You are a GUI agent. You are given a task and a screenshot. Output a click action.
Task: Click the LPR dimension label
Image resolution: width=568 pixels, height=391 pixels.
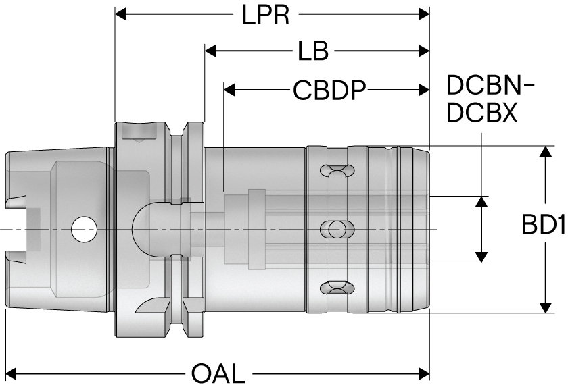click(266, 15)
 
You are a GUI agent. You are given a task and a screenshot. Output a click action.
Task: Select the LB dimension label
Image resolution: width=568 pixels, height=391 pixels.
click(312, 51)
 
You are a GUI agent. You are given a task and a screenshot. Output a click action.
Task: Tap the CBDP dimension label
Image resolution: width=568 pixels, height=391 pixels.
click(329, 89)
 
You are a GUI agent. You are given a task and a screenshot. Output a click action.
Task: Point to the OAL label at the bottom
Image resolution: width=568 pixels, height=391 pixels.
click(218, 373)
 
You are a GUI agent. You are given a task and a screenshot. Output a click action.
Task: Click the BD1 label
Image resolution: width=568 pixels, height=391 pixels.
click(543, 225)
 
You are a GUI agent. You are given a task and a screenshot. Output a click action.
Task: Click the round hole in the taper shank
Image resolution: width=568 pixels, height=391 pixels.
click(84, 229)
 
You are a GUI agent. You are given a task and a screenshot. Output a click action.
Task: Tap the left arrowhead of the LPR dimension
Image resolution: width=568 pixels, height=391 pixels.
click(122, 14)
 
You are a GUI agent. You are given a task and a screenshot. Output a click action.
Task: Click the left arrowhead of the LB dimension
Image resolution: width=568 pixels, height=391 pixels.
click(210, 51)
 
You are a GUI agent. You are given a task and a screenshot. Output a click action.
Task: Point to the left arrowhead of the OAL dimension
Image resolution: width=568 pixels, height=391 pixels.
click(11, 372)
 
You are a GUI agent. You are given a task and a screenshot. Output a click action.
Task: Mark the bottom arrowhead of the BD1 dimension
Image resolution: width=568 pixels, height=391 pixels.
click(545, 307)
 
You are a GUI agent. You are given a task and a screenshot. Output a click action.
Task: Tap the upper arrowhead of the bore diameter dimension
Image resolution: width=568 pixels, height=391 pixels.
click(481, 201)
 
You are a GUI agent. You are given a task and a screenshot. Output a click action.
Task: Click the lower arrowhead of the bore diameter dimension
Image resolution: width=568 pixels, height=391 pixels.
click(481, 257)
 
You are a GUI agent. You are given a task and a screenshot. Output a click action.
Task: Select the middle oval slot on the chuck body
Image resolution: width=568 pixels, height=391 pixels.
click(337, 229)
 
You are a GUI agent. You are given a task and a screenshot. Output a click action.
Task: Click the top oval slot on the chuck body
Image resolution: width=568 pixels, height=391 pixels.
click(337, 170)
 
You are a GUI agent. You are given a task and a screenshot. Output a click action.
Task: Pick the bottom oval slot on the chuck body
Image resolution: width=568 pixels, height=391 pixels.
click(337, 288)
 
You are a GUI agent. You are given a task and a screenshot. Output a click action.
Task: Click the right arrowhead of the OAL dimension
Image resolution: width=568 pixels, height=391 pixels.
click(424, 372)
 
